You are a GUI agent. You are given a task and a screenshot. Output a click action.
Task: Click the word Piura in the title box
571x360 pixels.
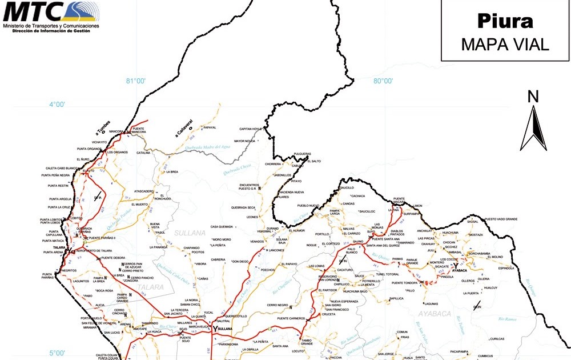click(x=505, y=22)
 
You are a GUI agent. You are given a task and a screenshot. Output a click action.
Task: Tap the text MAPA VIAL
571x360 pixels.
click(x=505, y=45)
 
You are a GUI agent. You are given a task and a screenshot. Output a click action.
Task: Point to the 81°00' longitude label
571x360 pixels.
click(x=136, y=81)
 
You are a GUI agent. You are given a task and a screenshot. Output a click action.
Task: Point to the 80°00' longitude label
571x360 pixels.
click(x=383, y=81)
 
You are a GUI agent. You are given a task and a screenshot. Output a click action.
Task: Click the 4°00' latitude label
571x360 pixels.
click(x=57, y=105)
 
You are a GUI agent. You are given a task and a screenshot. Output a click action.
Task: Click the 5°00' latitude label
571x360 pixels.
click(x=57, y=353)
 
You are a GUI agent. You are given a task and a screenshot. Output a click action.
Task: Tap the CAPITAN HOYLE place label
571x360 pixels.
click(x=250, y=129)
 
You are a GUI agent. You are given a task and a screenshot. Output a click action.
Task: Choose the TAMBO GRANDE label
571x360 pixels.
click(x=307, y=341)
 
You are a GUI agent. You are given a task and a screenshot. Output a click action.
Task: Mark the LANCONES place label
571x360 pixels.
click(x=276, y=250)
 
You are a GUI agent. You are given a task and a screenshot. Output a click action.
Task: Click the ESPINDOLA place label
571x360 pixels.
click(x=506, y=267)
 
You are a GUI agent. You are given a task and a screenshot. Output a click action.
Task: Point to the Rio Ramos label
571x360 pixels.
click(x=507, y=318)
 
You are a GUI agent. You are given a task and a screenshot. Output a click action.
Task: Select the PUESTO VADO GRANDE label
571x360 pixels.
click(x=501, y=219)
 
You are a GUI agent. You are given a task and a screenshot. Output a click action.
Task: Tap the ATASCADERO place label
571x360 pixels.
click(x=144, y=191)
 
